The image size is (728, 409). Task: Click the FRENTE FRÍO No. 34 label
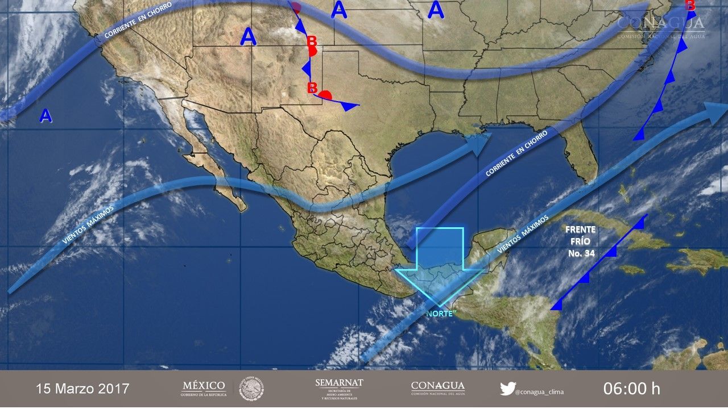[x=581, y=241]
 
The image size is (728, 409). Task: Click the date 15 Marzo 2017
[x=82, y=389]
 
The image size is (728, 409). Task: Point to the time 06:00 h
[x=631, y=389]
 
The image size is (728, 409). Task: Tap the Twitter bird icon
[x=507, y=389]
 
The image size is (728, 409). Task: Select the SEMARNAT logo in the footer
[x=339, y=389]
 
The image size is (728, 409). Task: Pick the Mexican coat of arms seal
[x=251, y=389]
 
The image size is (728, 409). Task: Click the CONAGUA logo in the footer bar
[x=437, y=389]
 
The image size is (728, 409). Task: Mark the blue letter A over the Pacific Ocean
[x=45, y=116]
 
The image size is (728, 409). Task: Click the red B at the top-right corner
[x=690, y=5]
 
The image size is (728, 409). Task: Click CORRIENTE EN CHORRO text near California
[x=139, y=22]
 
